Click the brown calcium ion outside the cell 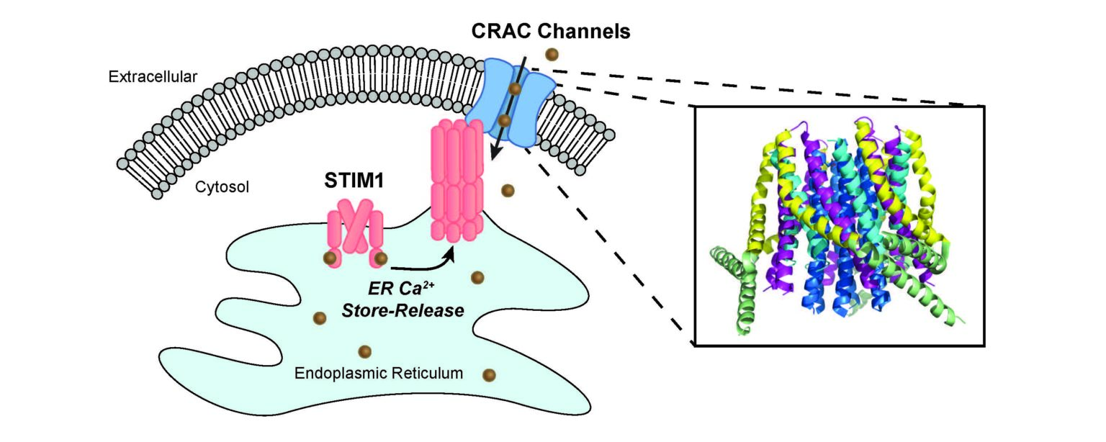(x=552, y=53)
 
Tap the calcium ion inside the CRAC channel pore (x=515, y=89)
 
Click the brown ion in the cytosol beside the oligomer (x=508, y=190)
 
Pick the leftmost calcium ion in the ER (x=320, y=318)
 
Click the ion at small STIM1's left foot (x=330, y=258)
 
